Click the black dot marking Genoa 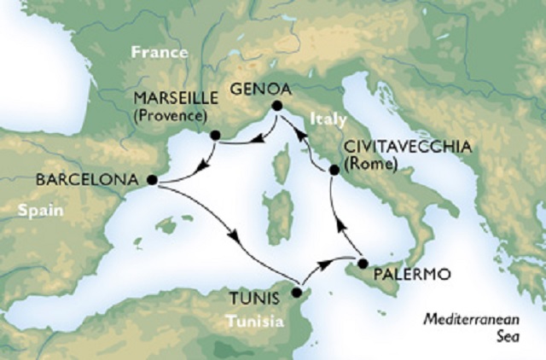[276, 106]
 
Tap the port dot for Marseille [216, 135]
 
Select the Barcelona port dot [152, 180]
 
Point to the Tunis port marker [296, 293]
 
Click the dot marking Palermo [363, 263]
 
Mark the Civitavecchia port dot [334, 171]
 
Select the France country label [159, 53]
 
